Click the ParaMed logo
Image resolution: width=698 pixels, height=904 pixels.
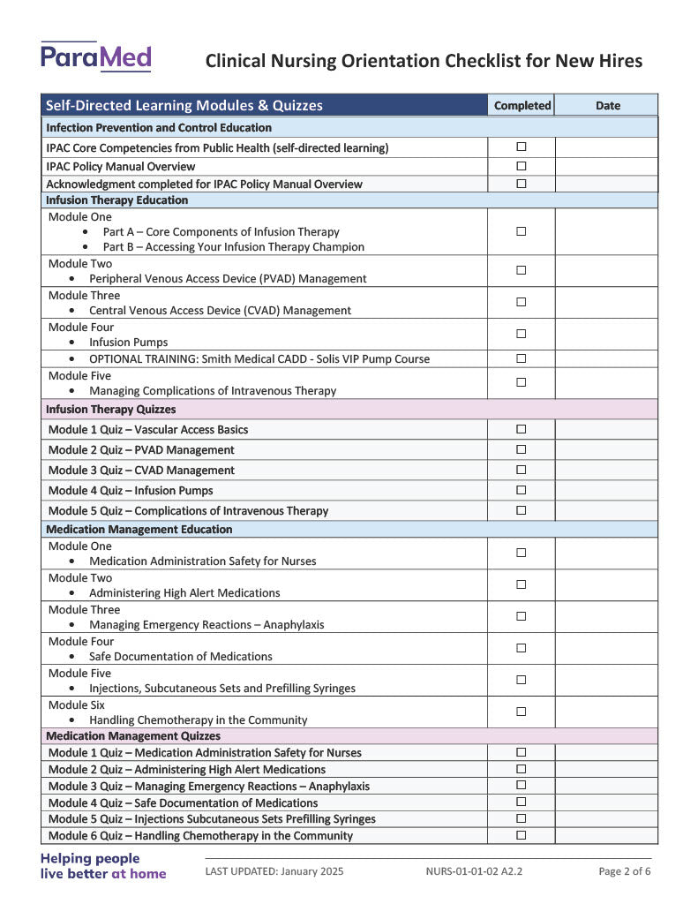[95, 57]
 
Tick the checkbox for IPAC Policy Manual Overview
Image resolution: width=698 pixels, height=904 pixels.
[521, 166]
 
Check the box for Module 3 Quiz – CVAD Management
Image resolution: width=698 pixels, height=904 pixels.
[521, 470]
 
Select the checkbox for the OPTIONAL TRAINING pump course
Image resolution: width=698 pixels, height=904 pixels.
[521, 358]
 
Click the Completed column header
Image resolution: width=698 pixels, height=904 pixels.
[522, 105]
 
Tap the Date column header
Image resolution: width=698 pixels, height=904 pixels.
[607, 105]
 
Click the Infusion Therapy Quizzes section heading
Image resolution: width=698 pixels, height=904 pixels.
[111, 410]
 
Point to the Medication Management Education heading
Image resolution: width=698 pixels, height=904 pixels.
[139, 530]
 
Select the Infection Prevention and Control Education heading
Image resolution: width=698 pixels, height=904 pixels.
[159, 128]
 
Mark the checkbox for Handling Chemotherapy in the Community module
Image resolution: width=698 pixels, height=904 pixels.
[521, 712]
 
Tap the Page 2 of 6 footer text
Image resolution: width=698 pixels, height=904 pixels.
[625, 871]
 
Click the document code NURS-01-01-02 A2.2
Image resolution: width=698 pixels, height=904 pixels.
[474, 871]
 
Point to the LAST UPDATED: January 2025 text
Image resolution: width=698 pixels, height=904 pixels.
[274, 871]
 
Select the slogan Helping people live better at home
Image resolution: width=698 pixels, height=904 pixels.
[102, 865]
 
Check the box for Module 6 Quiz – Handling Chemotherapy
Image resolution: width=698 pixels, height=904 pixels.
[521, 835]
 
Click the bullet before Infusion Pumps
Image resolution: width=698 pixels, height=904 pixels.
[71, 343]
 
